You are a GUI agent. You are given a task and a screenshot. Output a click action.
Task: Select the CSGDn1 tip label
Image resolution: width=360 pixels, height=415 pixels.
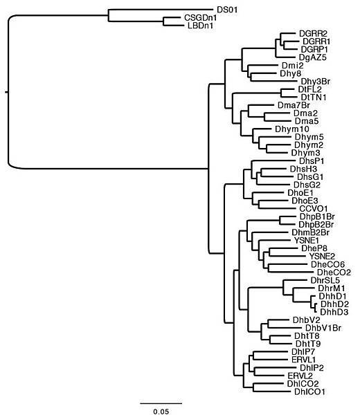coord(199,18)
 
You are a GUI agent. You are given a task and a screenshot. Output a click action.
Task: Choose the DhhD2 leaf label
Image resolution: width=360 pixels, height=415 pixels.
coord(334,304)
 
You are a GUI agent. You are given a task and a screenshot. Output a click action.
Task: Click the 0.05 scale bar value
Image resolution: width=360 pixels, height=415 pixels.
coord(161,410)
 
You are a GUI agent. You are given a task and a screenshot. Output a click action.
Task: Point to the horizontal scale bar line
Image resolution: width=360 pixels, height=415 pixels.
coord(161,402)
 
